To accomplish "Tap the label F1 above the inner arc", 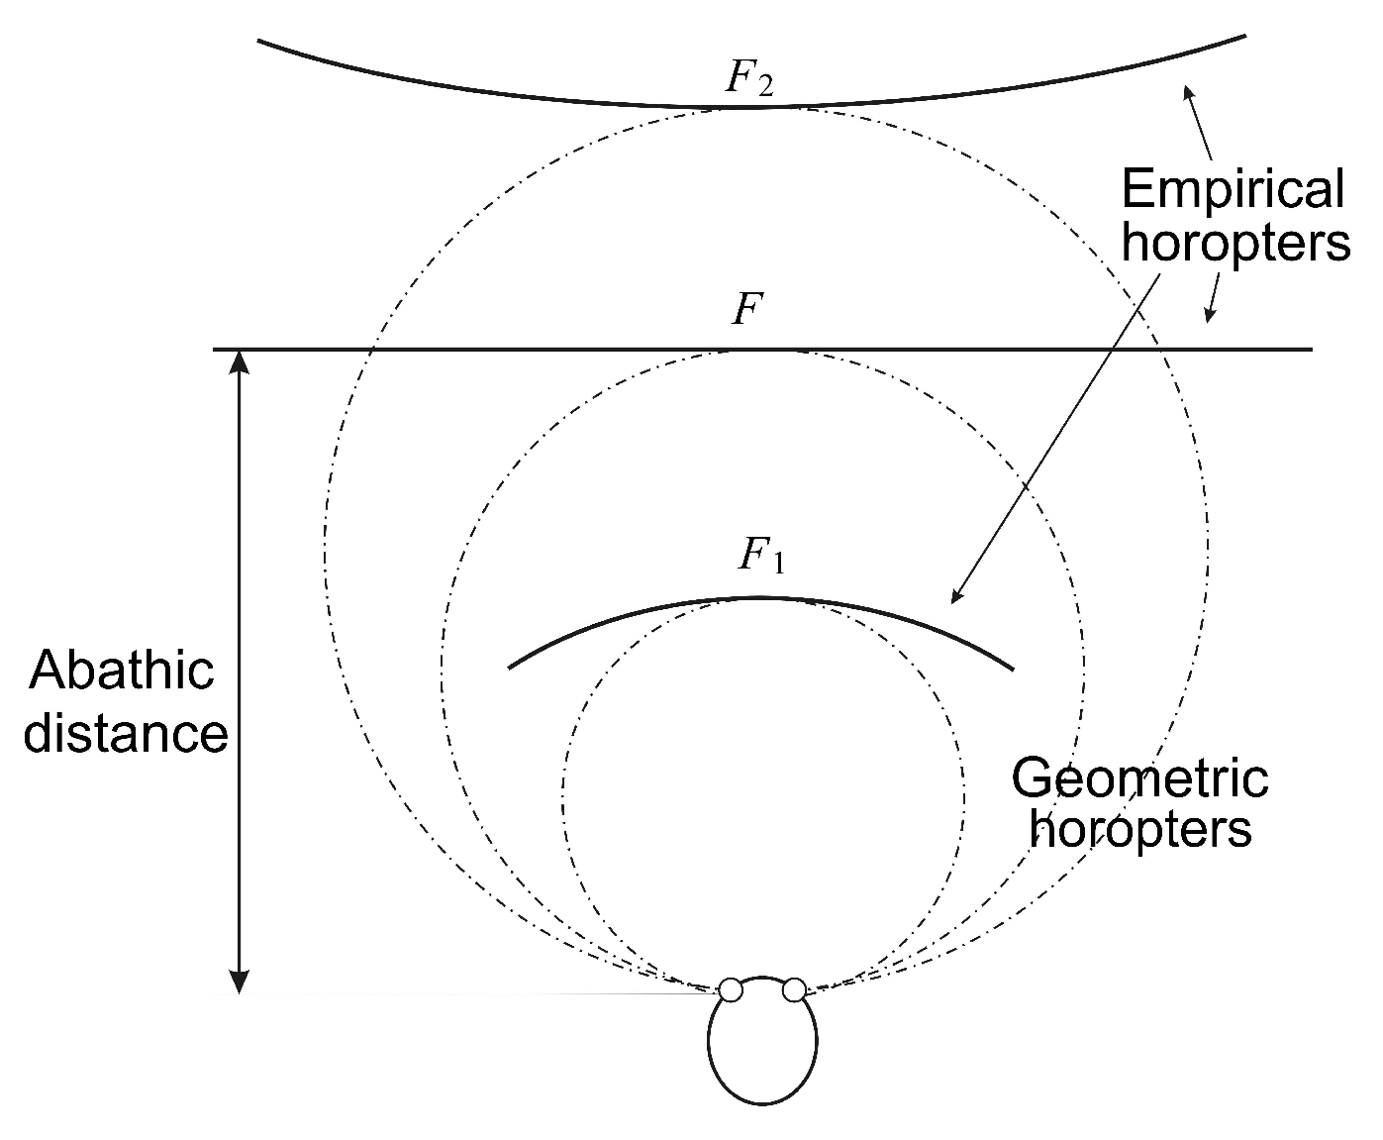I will click(761, 557).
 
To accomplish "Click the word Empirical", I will click(1234, 190).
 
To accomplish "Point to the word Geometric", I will click(1139, 777).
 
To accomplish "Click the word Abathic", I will click(121, 672).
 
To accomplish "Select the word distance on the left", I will click(126, 735).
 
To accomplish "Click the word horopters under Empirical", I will click(1235, 242).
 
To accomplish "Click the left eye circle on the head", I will click(731, 989).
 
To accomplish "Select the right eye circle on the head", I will click(794, 989).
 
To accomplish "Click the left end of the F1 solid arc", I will click(510, 668).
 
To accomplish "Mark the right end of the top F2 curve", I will click(1243, 37).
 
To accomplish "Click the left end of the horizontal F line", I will click(216, 350).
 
